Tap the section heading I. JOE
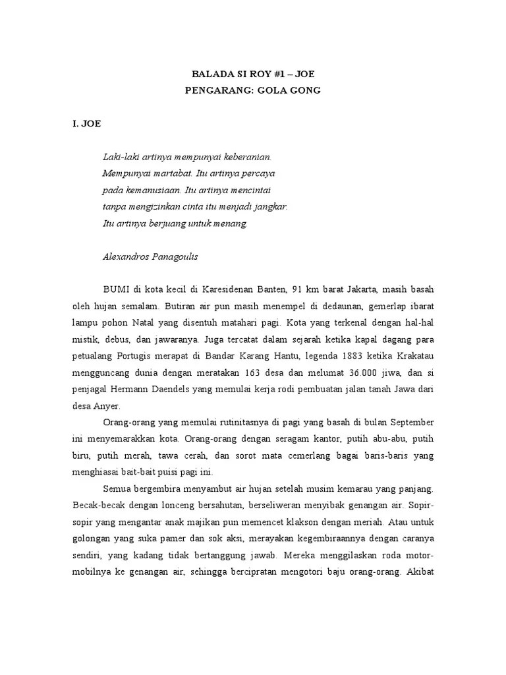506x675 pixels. [86, 123]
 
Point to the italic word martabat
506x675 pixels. [161, 174]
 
